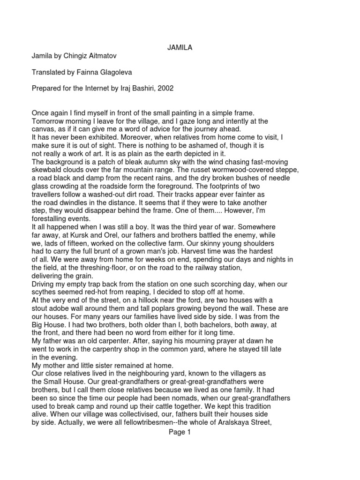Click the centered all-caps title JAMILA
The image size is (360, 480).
tap(180, 47)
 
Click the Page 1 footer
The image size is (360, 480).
tap(180, 433)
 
